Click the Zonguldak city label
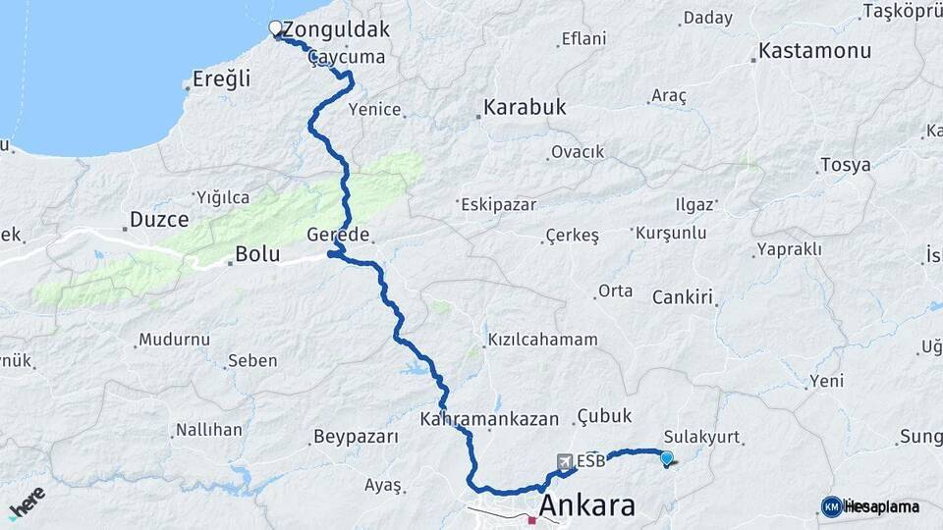(336, 30)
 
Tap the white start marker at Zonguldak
(275, 28)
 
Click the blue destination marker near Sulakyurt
(667, 457)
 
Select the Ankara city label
(586, 506)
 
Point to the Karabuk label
(526, 108)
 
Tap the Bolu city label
(256, 255)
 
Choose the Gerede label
(338, 236)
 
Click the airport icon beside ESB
(565, 460)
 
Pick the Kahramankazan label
(489, 419)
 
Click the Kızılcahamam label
(541, 341)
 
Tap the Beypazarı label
(356, 436)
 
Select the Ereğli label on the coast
(221, 79)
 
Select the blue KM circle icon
(831, 506)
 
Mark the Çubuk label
(605, 416)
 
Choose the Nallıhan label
(208, 430)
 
